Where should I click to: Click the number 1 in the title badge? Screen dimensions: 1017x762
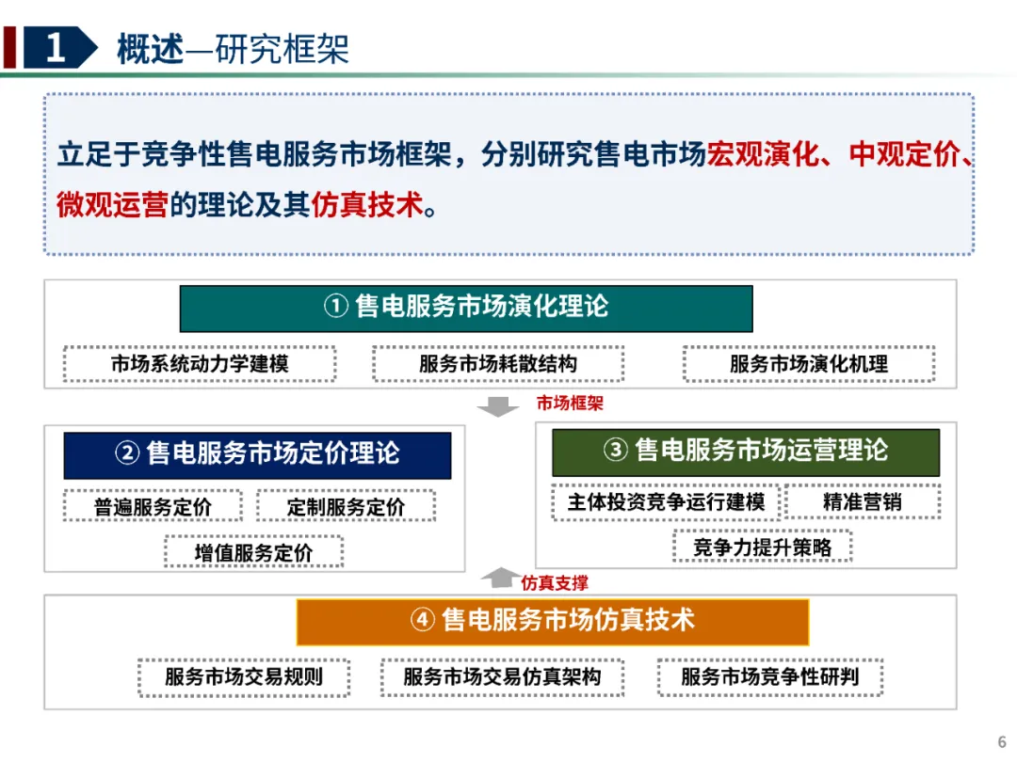[56, 47]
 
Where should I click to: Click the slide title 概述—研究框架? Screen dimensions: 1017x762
[233, 49]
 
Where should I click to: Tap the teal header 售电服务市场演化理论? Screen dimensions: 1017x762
[466, 309]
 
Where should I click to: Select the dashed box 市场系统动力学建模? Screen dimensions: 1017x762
[200, 363]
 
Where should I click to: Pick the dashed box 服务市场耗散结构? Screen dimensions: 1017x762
[498, 363]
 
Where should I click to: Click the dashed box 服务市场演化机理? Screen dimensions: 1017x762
[809, 363]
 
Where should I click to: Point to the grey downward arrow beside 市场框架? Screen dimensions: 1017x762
[497, 407]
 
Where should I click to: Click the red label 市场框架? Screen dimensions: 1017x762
[570, 403]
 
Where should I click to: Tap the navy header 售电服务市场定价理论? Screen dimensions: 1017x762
[257, 455]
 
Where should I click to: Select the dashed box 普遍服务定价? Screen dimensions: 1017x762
[153, 506]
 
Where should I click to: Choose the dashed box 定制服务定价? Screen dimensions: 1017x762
[346, 506]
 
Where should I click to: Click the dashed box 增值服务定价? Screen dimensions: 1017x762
[253, 552]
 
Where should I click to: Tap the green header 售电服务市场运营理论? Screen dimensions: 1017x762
[745, 452]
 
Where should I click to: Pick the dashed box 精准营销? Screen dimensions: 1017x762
[862, 501]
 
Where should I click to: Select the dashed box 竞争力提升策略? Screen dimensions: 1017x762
[762, 547]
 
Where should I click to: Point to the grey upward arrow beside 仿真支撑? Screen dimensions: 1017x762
[500, 578]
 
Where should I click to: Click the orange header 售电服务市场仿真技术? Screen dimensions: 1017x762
[553, 622]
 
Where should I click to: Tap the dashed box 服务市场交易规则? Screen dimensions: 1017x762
[244, 677]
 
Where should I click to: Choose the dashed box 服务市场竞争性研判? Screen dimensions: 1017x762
[770, 677]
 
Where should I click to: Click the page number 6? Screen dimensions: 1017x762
[1001, 742]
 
